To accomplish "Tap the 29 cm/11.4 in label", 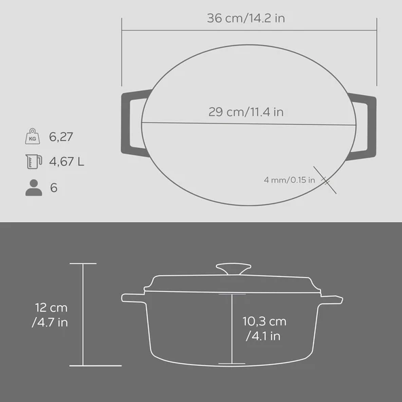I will pos(246,112).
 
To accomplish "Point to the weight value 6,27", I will pos(61,137).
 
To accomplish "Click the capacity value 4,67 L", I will pos(67,162).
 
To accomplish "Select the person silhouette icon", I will pos(33,187).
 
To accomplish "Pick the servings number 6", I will pos(54,187).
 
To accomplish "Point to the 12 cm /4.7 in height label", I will pos(50,314).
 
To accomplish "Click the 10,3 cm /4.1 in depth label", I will pos(264,329).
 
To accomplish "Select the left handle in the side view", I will pos(133,298).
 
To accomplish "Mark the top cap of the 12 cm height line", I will pos(83,263).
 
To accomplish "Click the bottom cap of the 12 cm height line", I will pos(83,365).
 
